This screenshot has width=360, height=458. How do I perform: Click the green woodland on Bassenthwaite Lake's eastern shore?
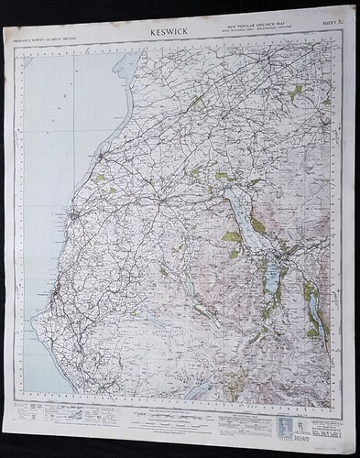pos(257,225)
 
